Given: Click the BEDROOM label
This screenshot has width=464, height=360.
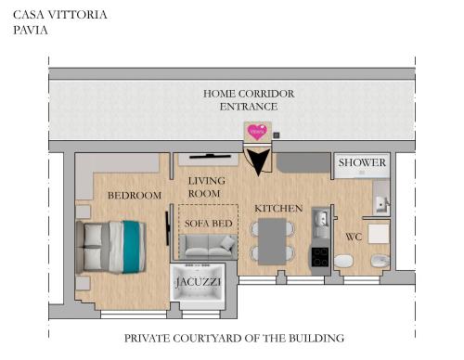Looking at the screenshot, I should [135, 196].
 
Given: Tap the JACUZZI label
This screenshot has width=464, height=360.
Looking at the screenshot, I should [199, 278].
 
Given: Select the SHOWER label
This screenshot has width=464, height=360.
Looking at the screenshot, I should [362, 163].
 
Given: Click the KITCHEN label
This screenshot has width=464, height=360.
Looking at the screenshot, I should [278, 209].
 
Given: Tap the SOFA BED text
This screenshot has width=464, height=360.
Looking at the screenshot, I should [208, 224].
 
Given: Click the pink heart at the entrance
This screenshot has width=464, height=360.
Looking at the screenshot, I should [257, 132].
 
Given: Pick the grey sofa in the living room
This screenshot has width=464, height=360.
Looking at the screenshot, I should [208, 246].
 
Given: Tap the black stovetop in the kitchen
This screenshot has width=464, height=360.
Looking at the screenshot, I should [319, 256].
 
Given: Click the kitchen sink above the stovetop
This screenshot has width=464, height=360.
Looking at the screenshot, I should [319, 220].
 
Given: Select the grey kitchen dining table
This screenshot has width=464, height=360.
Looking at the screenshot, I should [272, 240].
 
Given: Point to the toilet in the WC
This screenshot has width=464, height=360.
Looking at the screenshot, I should [342, 264].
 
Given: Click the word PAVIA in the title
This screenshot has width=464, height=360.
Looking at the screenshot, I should [31, 30].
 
